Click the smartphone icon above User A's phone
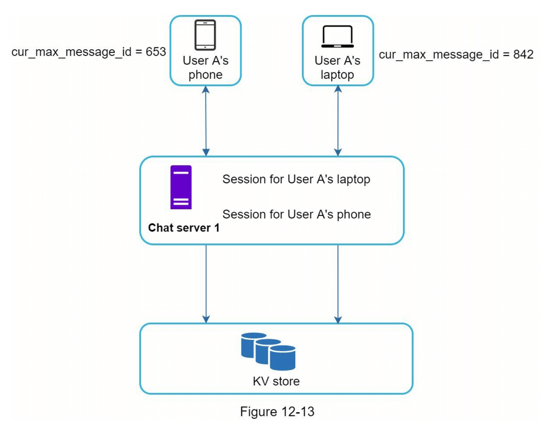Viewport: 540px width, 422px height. pos(205,35)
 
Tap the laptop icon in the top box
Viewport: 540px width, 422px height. pos(337,36)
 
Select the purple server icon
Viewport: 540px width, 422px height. pos(181,187)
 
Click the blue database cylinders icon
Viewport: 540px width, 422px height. pos(268,351)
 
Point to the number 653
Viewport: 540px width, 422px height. pos(156,52)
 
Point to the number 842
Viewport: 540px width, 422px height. pos(523,54)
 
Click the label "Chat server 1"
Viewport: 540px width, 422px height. pos(184,228)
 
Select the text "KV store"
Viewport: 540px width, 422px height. pos(276,381)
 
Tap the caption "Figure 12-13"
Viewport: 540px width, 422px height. pos(277,412)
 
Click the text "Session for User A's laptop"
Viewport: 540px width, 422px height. pos(296,179)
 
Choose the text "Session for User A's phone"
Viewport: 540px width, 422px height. pos(296,215)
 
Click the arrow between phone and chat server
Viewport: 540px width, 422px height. pos(206,121)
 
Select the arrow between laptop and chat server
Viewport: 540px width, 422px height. pos(338,121)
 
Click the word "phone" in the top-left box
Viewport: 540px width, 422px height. pos(205,75)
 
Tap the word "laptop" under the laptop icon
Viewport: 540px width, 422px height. pos(337,75)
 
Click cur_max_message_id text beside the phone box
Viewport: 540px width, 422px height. pos(71,52)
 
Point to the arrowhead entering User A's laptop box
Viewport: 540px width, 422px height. pos(338,89)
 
